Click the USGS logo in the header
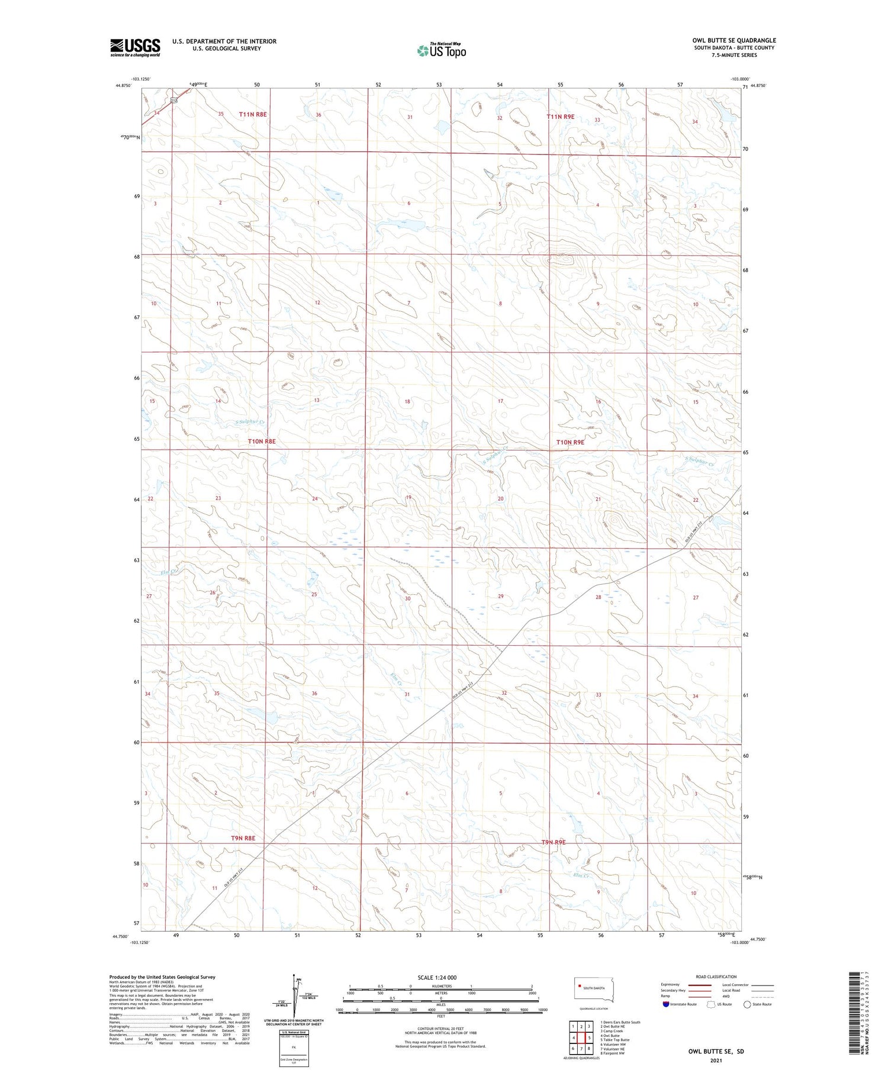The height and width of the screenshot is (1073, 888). (135, 47)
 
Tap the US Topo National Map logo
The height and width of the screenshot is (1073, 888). (441, 50)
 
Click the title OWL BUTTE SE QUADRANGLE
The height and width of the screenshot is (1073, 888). (733, 41)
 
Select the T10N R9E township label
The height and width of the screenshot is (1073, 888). (570, 442)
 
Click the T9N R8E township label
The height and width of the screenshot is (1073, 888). (243, 838)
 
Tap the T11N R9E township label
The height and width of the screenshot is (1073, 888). (560, 117)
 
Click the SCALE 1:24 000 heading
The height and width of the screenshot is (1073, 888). (437, 977)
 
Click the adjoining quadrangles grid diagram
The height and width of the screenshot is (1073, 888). (582, 1037)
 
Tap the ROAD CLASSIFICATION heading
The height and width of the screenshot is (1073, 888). (716, 977)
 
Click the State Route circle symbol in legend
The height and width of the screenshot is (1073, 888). (747, 1004)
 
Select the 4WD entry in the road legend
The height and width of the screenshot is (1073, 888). (728, 996)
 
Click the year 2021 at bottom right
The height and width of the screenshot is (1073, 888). (716, 1061)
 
